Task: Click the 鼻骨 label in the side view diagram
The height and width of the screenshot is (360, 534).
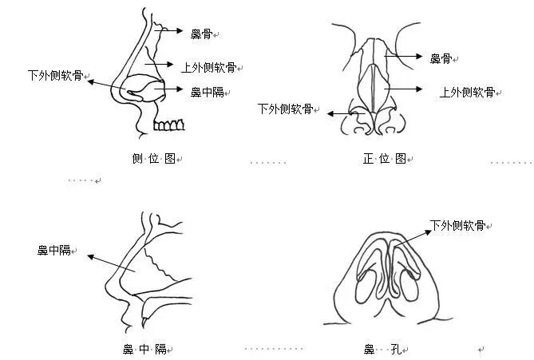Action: tap(201, 34)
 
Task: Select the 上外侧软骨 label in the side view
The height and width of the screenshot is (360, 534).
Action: tap(211, 68)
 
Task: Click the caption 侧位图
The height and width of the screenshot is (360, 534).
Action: tap(153, 159)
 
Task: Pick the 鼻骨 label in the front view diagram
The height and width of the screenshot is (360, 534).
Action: tap(441, 58)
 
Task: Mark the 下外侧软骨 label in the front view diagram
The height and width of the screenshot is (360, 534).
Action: tap(284, 109)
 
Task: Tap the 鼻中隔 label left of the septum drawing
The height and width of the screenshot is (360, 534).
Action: tap(54, 251)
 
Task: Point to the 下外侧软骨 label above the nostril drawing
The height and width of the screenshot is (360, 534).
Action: tap(457, 226)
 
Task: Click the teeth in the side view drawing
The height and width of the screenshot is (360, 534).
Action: tap(170, 125)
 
